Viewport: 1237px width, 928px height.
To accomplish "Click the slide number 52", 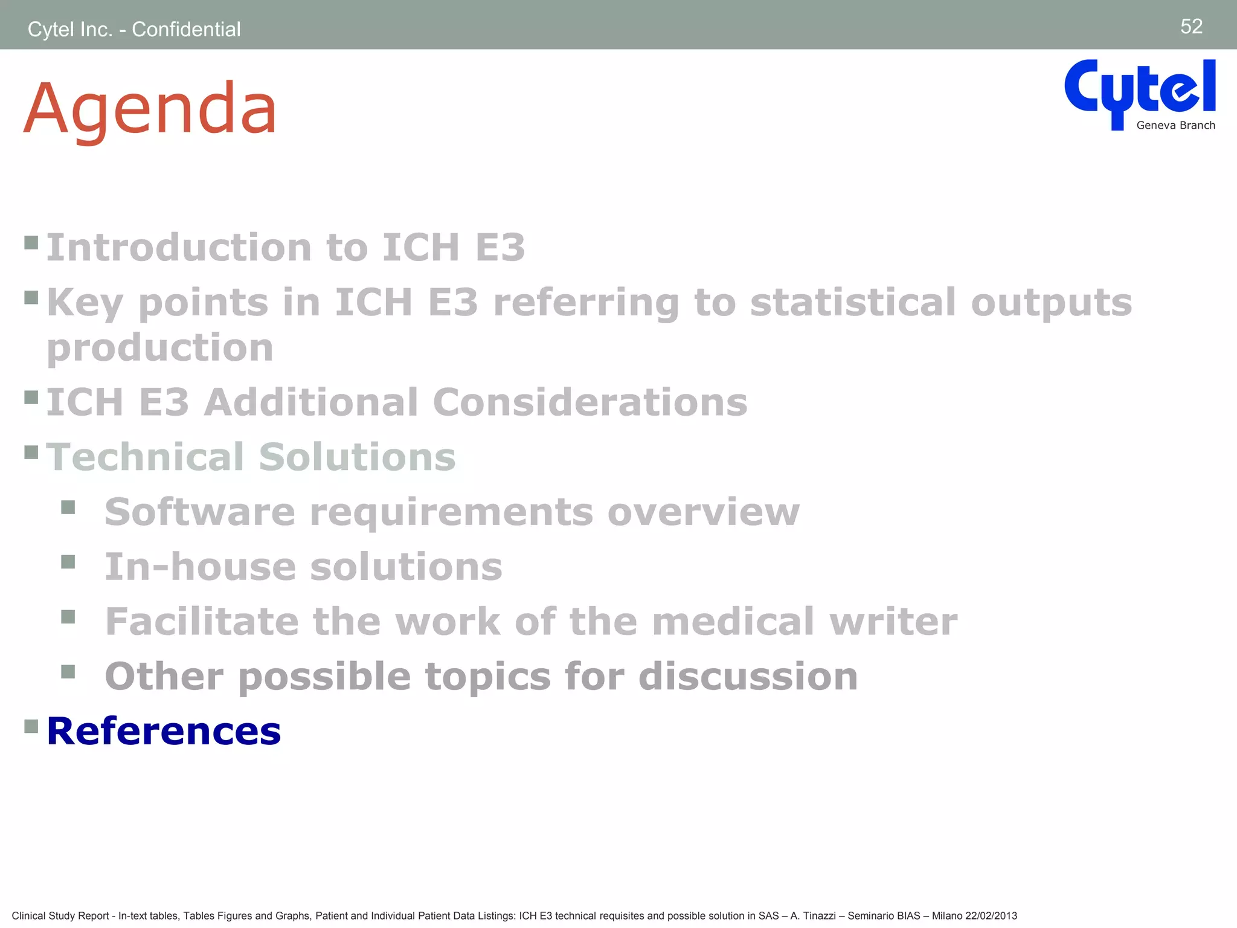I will pyautogui.click(x=1191, y=27).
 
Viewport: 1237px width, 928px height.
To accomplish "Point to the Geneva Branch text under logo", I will pyautogui.click(x=1175, y=126).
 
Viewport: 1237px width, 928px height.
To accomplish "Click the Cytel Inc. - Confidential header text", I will pyautogui.click(x=134, y=29).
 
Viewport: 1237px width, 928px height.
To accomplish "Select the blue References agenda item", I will pyautogui.click(x=164, y=731).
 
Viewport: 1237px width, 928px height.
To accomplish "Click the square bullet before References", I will pyautogui.click(x=31, y=725).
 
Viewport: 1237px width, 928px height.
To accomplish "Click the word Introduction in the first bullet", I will pyautogui.click(x=179, y=248).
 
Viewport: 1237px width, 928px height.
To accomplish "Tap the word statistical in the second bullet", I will pyautogui.click(x=852, y=302).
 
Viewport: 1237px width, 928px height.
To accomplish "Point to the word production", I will pyautogui.click(x=160, y=348).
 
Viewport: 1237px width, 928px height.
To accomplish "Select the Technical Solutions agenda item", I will pyautogui.click(x=251, y=457).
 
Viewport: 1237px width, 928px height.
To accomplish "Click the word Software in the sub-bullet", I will pyautogui.click(x=200, y=512).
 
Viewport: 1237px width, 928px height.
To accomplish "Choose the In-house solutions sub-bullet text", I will pyautogui.click(x=303, y=567).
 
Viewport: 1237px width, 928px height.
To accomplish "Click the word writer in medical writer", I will pyautogui.click(x=893, y=622).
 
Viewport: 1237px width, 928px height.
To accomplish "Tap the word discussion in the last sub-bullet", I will pyautogui.click(x=748, y=676).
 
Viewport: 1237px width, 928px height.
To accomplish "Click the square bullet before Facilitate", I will pyautogui.click(x=68, y=617).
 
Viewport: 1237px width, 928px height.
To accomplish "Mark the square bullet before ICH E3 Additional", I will pyautogui.click(x=31, y=397).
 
